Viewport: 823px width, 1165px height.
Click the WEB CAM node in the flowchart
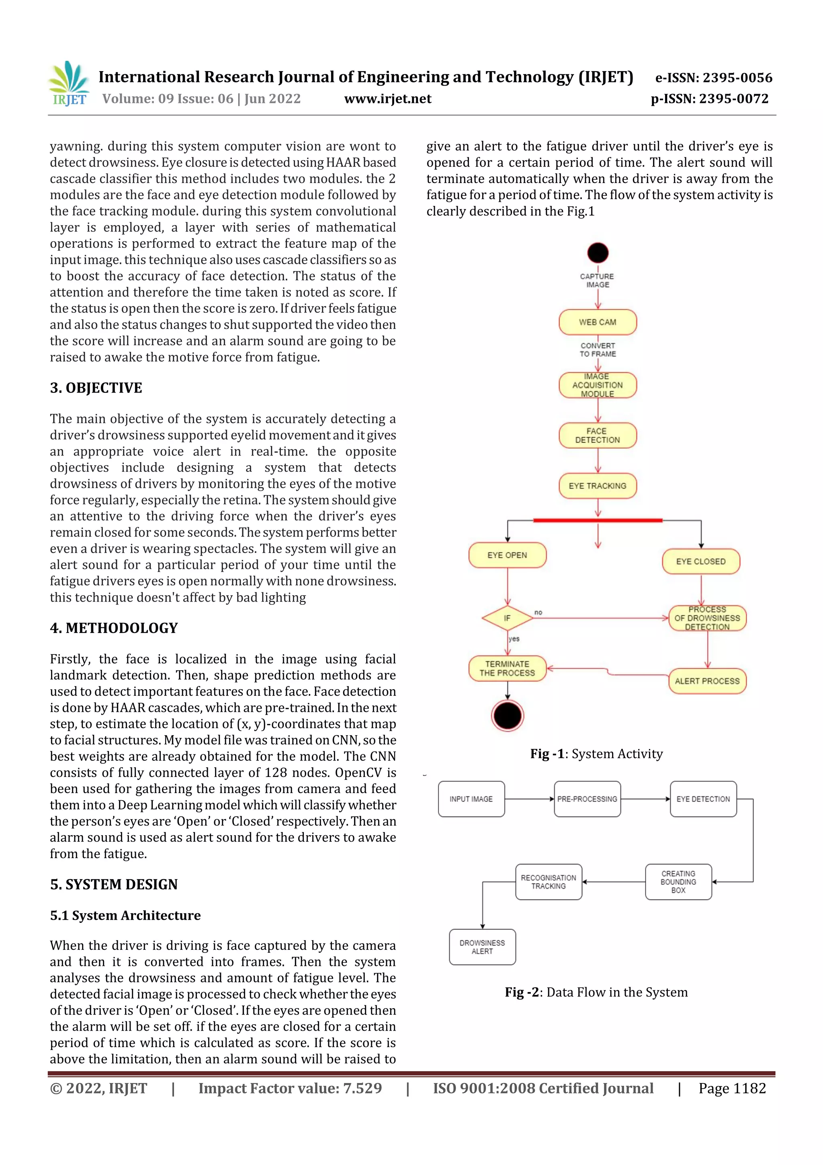(x=597, y=322)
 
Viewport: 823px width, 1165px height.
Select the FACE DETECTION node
(x=597, y=436)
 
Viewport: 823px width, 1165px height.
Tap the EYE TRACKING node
(x=597, y=486)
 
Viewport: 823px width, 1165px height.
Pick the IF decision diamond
(x=507, y=618)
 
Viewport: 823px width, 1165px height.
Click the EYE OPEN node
(x=507, y=555)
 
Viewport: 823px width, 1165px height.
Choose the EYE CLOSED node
(x=701, y=561)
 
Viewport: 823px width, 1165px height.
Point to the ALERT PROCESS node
(x=707, y=681)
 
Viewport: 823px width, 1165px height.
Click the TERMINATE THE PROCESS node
(x=507, y=668)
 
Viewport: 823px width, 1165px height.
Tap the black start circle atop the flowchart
(x=597, y=253)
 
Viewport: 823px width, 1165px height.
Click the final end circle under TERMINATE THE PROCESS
(x=507, y=715)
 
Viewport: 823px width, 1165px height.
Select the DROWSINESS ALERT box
(x=482, y=947)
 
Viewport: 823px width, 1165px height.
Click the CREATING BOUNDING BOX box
(x=678, y=882)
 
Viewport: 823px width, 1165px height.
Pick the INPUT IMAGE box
(x=471, y=799)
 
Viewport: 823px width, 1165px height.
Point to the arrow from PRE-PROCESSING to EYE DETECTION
(x=645, y=799)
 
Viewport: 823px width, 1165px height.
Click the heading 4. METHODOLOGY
(x=114, y=628)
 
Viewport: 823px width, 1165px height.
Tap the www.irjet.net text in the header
(x=388, y=99)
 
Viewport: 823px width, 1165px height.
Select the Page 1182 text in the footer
(x=732, y=1088)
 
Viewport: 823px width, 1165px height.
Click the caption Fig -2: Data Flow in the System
(x=596, y=992)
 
